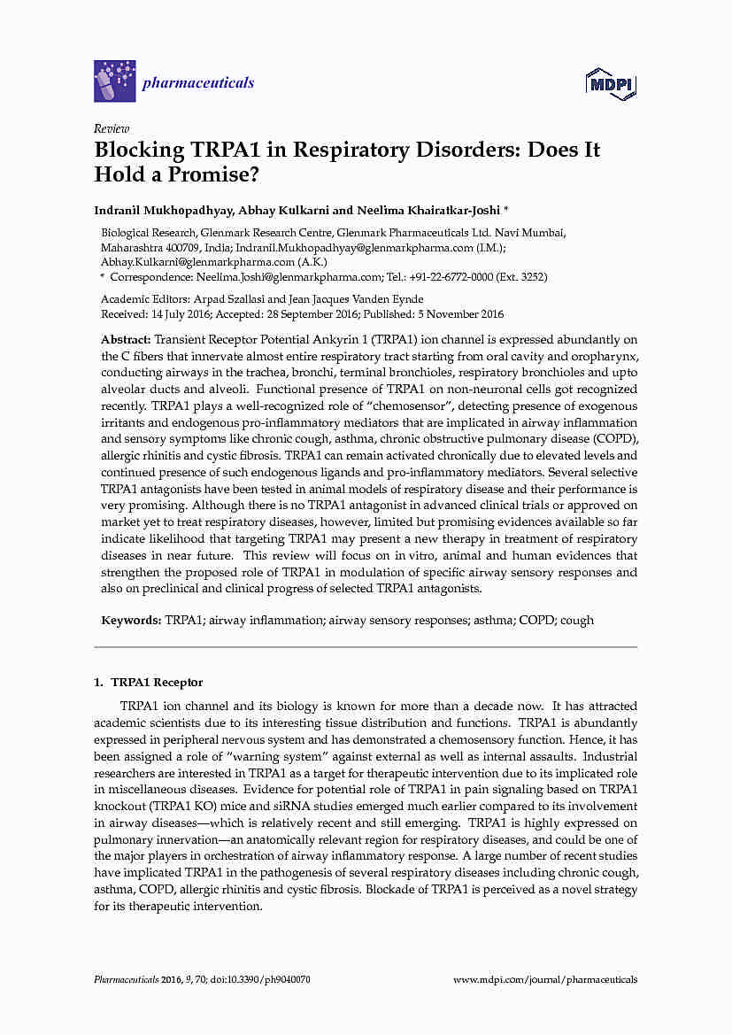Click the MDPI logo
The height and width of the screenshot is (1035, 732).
pyautogui.click(x=613, y=83)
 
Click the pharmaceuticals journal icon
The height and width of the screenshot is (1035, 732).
pyautogui.click(x=114, y=81)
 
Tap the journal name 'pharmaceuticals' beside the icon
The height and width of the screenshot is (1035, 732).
pyautogui.click(x=198, y=83)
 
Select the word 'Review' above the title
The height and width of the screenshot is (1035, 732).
pyautogui.click(x=112, y=128)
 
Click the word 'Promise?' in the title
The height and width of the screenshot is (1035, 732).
pyautogui.click(x=216, y=174)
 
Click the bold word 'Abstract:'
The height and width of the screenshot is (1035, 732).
pyautogui.click(x=127, y=340)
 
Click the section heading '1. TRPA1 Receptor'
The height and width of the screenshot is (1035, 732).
pyautogui.click(x=149, y=683)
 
